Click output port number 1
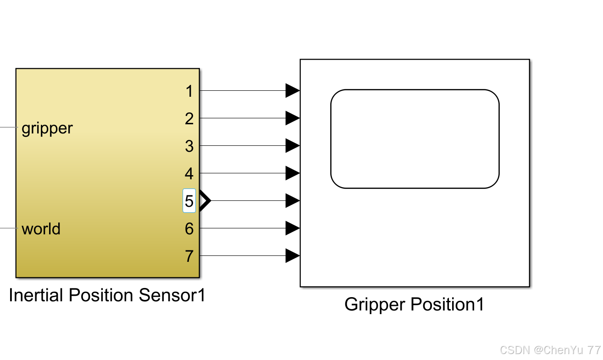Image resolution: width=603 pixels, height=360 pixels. [x=189, y=91]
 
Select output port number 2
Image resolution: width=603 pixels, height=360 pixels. [x=189, y=119]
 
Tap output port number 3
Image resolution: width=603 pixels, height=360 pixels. [x=189, y=146]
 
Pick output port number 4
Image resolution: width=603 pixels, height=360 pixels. [x=189, y=174]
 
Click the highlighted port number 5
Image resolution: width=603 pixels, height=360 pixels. [x=189, y=201]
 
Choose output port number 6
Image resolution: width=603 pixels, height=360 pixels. [x=189, y=228]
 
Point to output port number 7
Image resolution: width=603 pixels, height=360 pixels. [x=189, y=256]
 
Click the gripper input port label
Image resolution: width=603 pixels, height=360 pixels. [x=47, y=128]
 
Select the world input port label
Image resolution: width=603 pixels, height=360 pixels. [x=41, y=228]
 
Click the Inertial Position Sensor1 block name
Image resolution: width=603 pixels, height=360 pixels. [x=107, y=295]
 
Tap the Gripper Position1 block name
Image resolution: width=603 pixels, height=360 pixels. [x=414, y=305]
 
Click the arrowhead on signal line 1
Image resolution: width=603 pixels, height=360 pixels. [x=292, y=91]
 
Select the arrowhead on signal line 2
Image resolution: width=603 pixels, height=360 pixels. [x=292, y=118]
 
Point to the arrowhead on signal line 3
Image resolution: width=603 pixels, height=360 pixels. [x=292, y=146]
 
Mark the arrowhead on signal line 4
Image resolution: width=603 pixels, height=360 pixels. [x=292, y=173]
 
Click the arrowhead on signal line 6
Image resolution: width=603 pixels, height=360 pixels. [x=292, y=228]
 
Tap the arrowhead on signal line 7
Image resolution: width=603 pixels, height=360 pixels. [x=292, y=255]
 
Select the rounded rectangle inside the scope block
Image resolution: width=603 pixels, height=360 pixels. [x=415, y=138]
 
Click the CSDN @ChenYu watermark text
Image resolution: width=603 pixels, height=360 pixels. [x=550, y=350]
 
